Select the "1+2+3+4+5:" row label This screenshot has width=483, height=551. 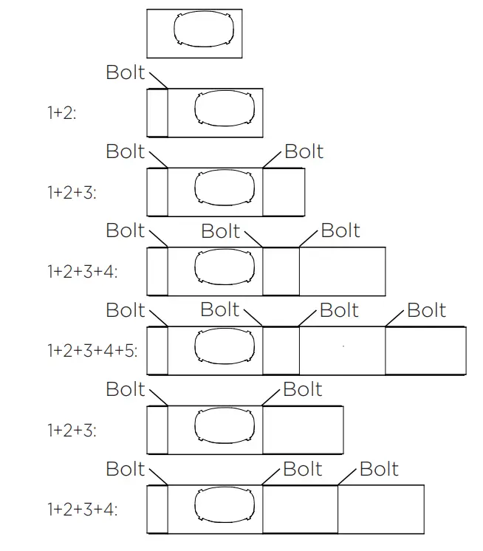pos(92,350)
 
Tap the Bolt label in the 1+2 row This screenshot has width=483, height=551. pos(126,72)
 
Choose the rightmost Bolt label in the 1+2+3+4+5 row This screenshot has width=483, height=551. pos(426,310)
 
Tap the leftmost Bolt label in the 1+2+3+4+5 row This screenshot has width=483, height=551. pos(126,310)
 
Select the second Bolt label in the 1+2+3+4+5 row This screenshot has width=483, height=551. pos(220,309)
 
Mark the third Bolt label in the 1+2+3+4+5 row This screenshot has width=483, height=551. pos(340,310)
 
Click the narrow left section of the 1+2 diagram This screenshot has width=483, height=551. pos(157,113)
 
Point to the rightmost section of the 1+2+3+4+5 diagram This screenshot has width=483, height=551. pos(425,350)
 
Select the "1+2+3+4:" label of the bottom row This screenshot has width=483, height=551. pos(82,509)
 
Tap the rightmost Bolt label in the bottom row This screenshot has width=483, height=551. pos(379,469)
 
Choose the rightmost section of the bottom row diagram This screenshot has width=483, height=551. pos(381,509)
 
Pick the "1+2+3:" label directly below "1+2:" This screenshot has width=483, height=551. pos(72,192)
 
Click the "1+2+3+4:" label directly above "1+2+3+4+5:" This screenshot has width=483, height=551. pos(82,271)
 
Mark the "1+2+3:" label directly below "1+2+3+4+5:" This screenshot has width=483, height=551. pos(72,429)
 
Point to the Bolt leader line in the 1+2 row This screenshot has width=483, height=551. pos(158,80)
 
